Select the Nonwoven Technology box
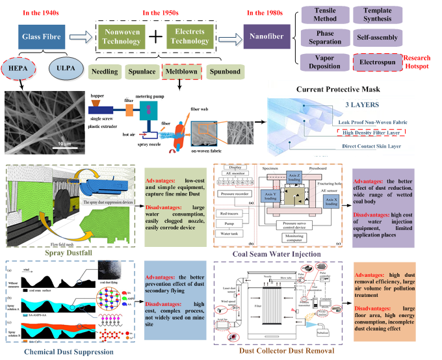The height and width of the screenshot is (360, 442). (x=121, y=37)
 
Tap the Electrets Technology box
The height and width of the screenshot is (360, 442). (x=189, y=36)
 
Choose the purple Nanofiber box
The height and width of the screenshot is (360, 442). (x=266, y=37)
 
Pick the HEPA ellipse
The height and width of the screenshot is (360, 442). (x=23, y=68)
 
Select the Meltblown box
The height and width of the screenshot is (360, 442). (x=181, y=71)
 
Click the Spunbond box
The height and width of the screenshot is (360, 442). (x=225, y=71)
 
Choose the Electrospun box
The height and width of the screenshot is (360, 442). (x=377, y=62)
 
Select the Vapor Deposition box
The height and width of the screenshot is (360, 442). (x=324, y=62)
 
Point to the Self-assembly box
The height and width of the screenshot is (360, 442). (x=377, y=38)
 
